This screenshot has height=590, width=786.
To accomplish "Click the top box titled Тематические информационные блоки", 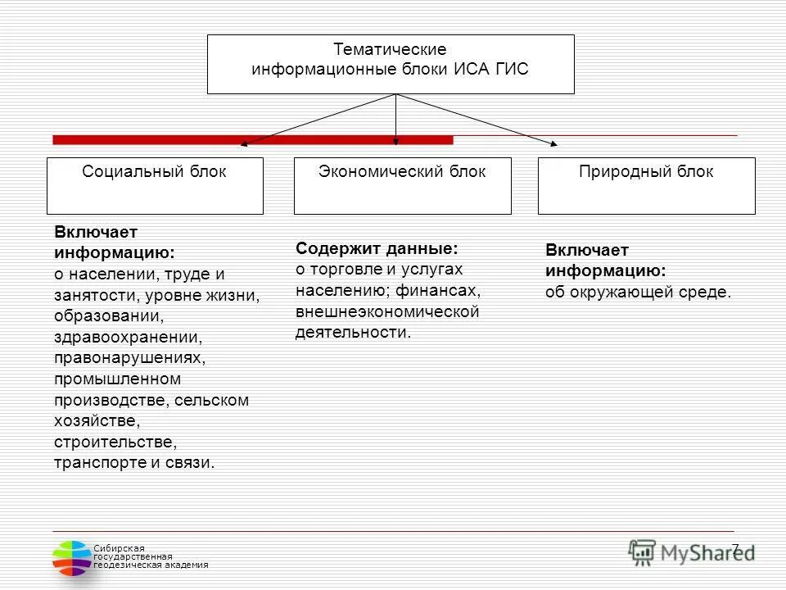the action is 391,64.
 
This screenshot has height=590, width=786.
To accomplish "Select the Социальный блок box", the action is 155,186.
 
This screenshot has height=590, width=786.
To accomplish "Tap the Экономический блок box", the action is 402,186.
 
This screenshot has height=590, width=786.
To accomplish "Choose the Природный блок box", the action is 646,186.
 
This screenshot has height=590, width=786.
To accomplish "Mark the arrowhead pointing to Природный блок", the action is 553,143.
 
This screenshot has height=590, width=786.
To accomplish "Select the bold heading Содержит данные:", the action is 377,248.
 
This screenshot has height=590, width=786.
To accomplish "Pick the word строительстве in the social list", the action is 115,442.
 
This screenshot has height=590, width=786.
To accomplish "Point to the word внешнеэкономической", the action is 387,312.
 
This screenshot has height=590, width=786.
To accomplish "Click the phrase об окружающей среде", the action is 638,293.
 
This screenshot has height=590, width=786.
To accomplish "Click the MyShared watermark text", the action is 707,551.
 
